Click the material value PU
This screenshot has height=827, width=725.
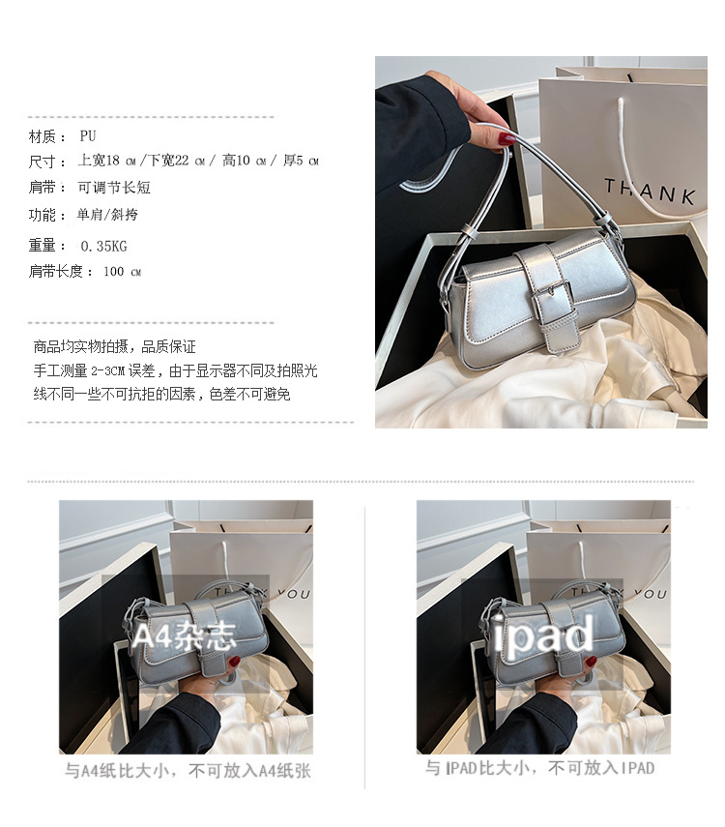tap(88, 136)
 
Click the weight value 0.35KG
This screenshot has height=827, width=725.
tap(103, 246)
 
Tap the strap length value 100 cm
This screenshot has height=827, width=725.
tap(123, 272)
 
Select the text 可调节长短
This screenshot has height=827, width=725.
tap(114, 188)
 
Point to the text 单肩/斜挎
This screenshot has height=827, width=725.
tap(107, 214)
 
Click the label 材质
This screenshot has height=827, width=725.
tap(43, 136)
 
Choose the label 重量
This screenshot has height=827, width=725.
tap(43, 246)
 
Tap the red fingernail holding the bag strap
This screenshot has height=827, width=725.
tap(507, 138)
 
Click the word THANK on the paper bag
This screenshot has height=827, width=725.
tap(650, 191)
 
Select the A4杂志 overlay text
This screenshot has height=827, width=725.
tap(184, 635)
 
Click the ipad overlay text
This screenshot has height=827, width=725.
tap(543, 635)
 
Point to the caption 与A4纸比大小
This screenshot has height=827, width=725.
tap(117, 771)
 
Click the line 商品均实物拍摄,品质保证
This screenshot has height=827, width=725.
tap(114, 346)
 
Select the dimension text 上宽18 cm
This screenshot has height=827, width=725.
tap(107, 161)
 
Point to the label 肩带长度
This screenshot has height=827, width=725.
tap(56, 271)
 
